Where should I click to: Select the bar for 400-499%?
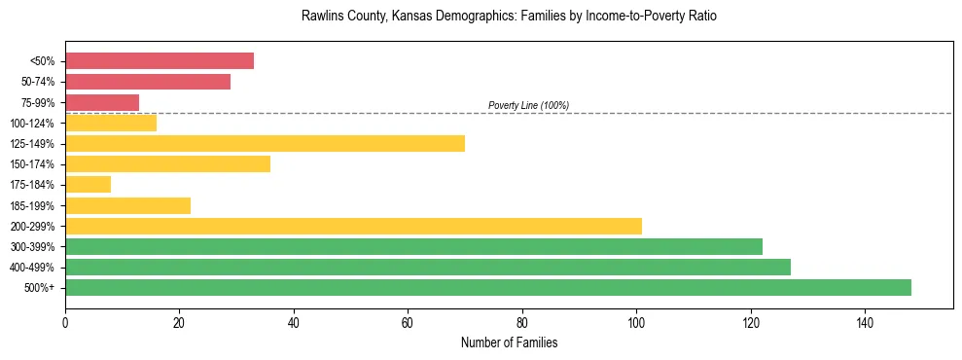point(428,267)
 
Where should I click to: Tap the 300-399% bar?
point(413,246)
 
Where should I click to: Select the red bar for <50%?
point(160,61)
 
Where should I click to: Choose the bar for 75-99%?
point(102,102)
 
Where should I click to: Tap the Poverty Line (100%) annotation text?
point(528,105)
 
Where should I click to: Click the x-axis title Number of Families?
point(509,342)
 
